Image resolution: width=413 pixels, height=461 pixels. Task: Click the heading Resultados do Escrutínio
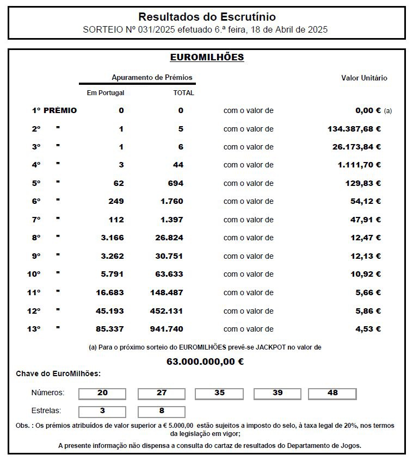[207, 17]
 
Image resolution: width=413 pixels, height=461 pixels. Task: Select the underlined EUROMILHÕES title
[207, 57]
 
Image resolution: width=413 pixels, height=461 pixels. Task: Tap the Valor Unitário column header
[364, 78]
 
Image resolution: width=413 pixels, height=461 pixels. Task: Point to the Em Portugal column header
[106, 93]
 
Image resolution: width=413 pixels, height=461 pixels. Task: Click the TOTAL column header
[183, 93]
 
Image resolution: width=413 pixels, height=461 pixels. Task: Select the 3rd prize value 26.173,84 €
[356, 147]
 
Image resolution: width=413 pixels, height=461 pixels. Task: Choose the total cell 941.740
[167, 329]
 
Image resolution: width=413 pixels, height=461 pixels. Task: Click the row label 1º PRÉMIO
[54, 110]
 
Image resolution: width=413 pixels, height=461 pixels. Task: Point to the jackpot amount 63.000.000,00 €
[205, 361]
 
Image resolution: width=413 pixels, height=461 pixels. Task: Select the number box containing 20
[102, 393]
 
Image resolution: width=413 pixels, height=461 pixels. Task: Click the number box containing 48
[332, 393]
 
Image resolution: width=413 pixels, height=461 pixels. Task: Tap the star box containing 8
[162, 411]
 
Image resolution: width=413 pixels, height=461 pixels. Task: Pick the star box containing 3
[102, 411]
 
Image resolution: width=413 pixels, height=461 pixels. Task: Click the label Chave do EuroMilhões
[58, 373]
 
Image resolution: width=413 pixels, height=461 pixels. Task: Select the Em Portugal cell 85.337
[110, 329]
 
